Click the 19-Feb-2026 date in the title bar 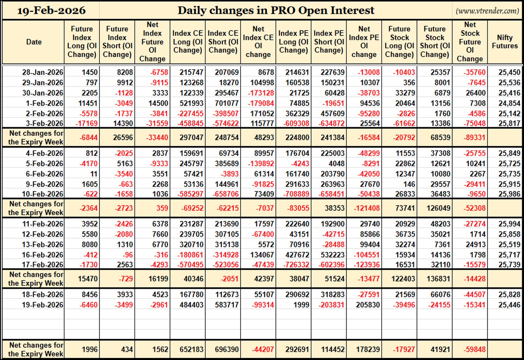[51, 11]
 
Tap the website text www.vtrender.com [487, 11]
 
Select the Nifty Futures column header [505, 42]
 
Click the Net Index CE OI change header [258, 42]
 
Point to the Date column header [34, 42]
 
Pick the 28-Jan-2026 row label [43, 72]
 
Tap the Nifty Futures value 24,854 [509, 103]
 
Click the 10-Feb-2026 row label [43, 194]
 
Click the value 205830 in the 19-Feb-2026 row [368, 305]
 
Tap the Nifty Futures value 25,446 [509, 305]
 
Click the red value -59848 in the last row [474, 350]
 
